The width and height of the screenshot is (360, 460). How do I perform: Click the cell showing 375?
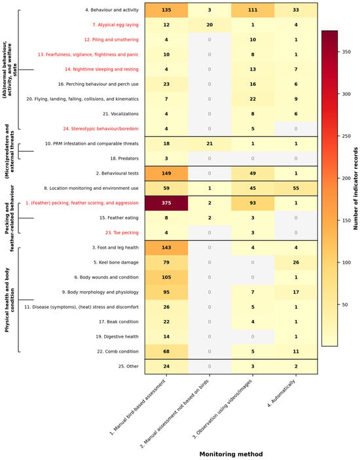pos(166,203)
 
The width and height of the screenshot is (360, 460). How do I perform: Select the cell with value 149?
pos(166,173)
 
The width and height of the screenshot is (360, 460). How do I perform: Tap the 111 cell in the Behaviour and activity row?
pos(253,10)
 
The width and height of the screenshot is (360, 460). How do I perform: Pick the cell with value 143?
pos(166,247)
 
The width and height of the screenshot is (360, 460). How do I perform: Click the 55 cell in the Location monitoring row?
pos(296,188)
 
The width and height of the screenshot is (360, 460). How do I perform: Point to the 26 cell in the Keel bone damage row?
pos(296,262)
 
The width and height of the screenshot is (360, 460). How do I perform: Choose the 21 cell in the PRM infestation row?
pos(209,144)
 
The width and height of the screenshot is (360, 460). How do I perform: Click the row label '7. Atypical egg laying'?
pos(115,25)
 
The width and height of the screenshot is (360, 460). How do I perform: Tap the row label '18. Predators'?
pos(124,158)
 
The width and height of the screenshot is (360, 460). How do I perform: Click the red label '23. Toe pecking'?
pos(122,233)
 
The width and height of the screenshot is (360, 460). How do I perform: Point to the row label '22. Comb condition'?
pos(118,351)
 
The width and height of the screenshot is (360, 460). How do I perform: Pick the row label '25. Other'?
pos(128,366)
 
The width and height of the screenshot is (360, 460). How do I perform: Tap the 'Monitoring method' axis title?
pos(231,454)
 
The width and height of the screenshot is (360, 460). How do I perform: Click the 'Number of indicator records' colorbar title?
pos(355,188)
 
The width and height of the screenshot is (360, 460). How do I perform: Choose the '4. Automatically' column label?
pos(281,393)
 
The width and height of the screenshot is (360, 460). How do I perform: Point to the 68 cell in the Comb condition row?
pos(166,351)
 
